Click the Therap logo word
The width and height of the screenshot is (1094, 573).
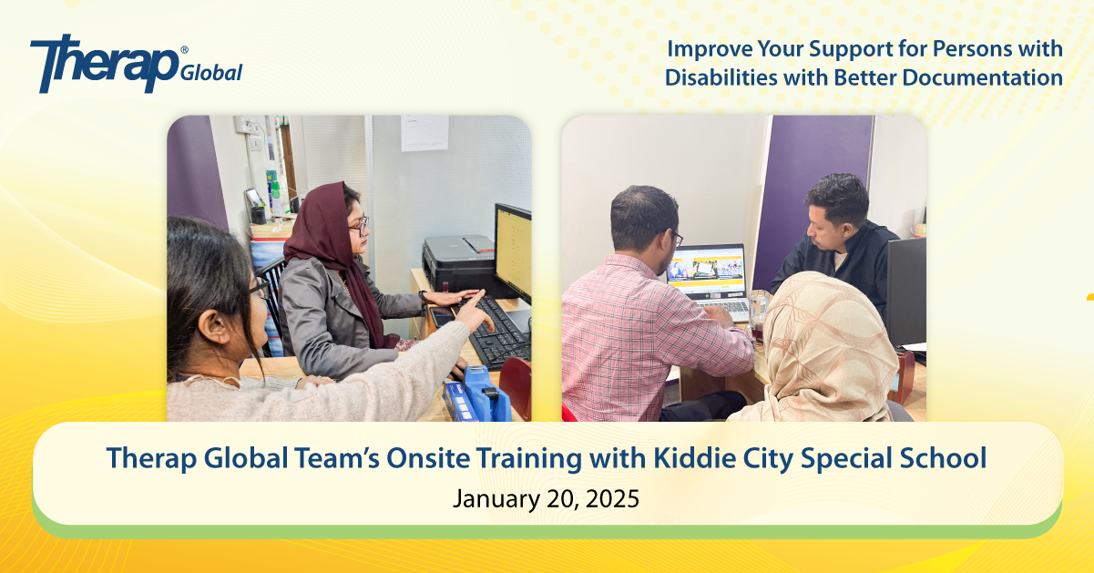pos(105,63)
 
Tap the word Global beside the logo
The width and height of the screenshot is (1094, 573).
pos(211,73)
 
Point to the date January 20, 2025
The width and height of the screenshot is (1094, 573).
pos(546,499)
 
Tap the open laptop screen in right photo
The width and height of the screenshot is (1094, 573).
pos(707,271)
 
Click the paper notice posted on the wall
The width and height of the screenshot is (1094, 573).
pos(424,132)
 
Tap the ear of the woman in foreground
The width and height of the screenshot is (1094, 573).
pos(213,326)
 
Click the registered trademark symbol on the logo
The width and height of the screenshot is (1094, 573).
pos(184,50)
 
